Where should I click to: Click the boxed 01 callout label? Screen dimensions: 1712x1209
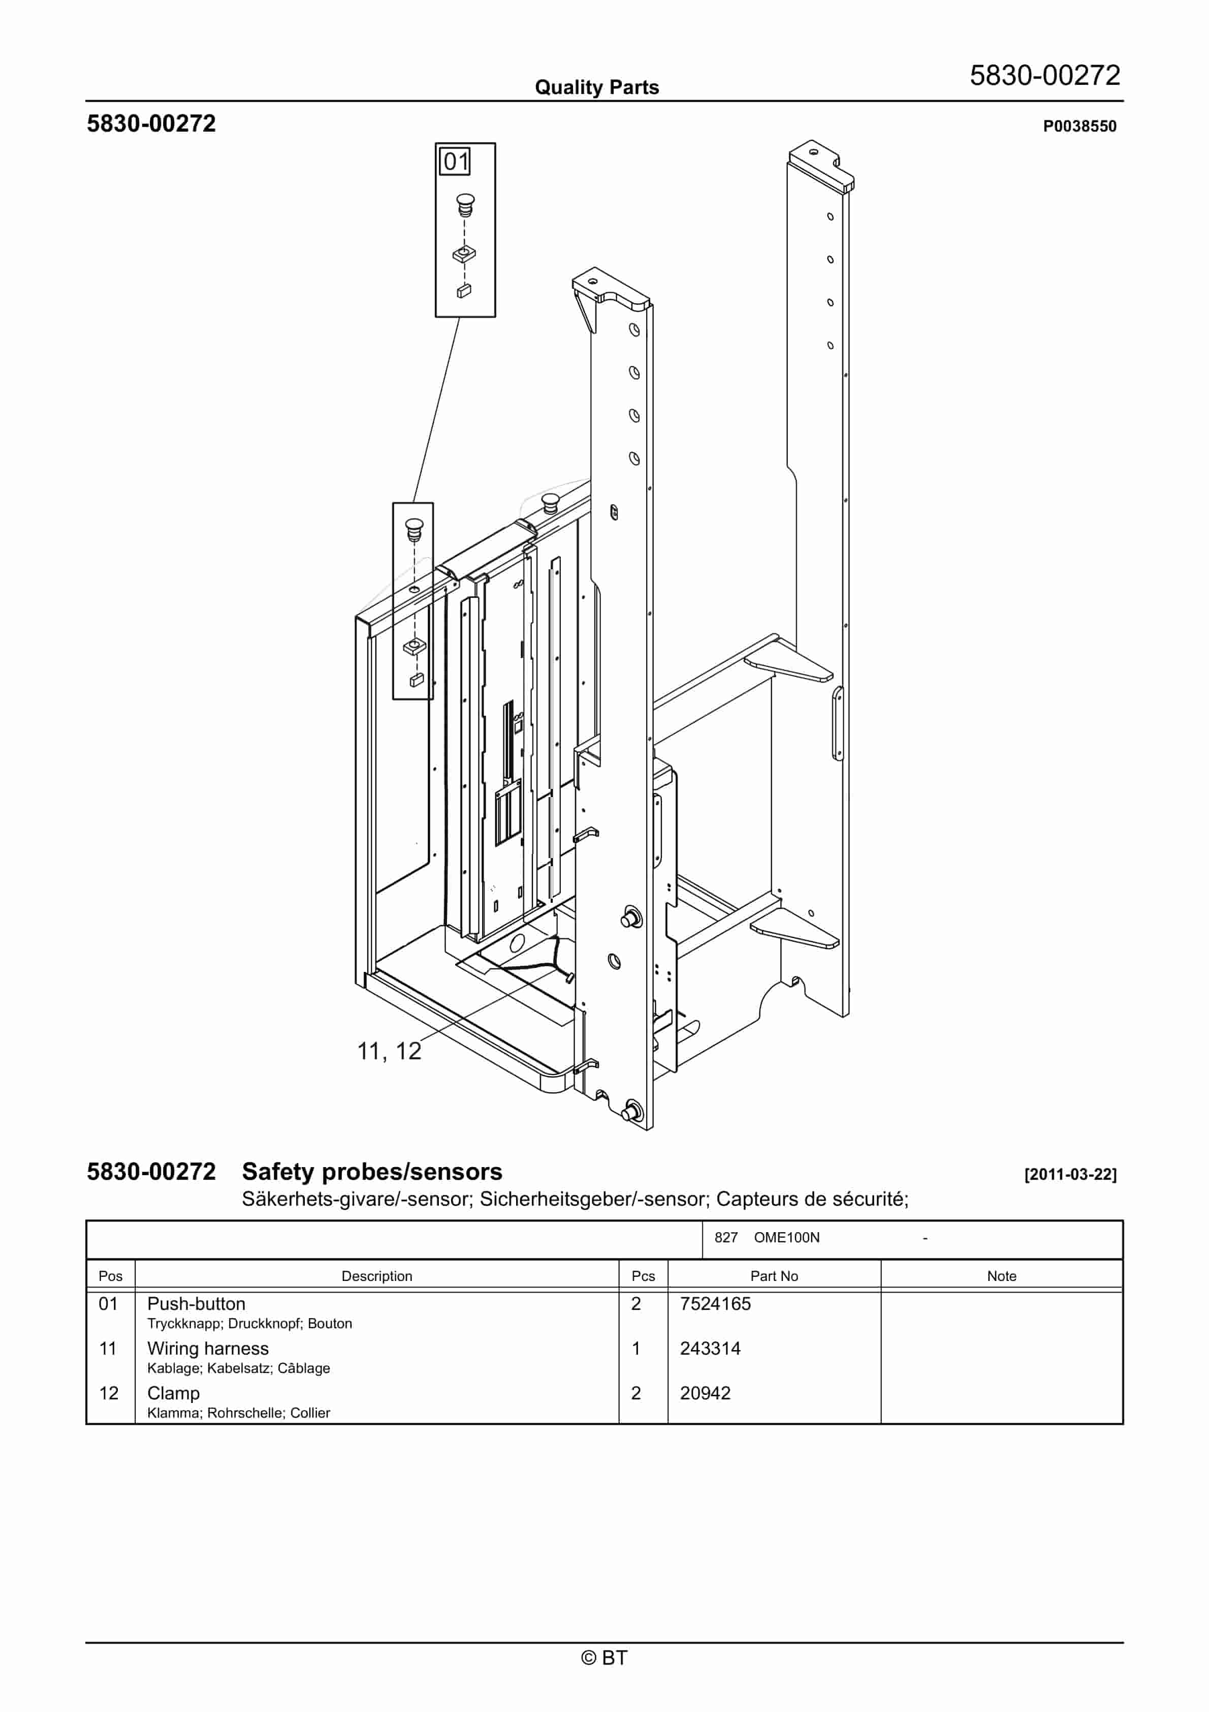[x=456, y=161]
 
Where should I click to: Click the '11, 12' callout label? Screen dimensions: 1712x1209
[x=389, y=1051]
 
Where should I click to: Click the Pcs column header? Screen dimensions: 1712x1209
[x=643, y=1276]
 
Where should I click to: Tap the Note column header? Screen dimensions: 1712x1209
[x=1001, y=1276]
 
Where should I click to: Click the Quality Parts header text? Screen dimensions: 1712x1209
[x=596, y=87]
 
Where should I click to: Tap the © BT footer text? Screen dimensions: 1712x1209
[x=604, y=1658]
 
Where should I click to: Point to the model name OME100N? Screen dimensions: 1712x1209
[x=786, y=1238]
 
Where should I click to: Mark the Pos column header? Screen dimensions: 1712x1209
[x=110, y=1276]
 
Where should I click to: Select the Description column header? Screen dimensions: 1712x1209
[x=376, y=1276]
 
